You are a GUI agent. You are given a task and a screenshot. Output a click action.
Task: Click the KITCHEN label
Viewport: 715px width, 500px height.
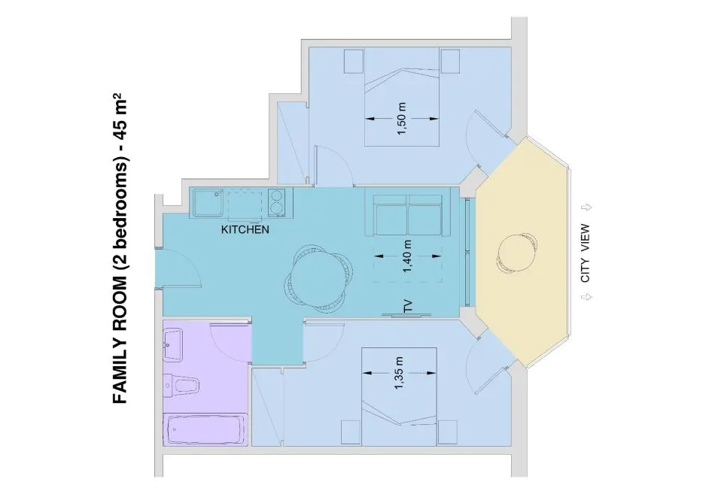(245, 229)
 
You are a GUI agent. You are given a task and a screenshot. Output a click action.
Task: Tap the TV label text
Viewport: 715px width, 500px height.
(408, 306)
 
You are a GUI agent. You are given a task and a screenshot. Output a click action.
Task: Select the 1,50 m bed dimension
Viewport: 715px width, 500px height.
(401, 118)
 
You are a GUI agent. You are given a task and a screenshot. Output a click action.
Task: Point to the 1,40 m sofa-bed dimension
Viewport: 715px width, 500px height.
(407, 256)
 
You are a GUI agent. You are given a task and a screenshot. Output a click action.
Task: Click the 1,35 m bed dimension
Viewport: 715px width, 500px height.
(400, 372)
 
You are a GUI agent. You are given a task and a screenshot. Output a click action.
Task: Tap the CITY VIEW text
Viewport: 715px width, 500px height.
(585, 253)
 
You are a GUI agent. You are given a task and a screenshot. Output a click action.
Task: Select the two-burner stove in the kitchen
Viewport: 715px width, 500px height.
(277, 202)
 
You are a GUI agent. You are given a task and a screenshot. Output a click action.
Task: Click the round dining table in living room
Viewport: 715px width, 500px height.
(318, 278)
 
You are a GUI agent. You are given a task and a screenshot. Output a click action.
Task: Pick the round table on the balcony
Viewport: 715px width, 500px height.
(516, 253)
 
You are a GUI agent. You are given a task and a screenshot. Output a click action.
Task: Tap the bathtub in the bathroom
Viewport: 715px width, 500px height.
(206, 429)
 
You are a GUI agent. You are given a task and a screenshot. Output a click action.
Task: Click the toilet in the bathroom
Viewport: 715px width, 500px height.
(182, 385)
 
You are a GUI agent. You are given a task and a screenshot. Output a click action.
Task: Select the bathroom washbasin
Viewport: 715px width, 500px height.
(173, 344)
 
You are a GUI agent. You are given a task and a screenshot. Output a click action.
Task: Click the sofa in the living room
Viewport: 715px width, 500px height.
(408, 212)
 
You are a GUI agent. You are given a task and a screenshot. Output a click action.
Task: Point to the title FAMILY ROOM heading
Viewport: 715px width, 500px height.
(120, 248)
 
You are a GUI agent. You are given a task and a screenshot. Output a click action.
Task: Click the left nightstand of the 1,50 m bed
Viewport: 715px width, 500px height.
(354, 61)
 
